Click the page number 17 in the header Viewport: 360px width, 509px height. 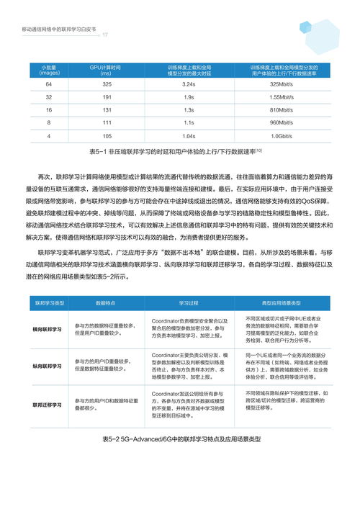click(x=105, y=35)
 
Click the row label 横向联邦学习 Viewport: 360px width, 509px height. click(x=47, y=328)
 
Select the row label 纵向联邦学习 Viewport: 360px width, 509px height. click(x=47, y=366)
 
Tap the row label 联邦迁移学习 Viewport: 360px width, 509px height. click(x=47, y=405)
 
